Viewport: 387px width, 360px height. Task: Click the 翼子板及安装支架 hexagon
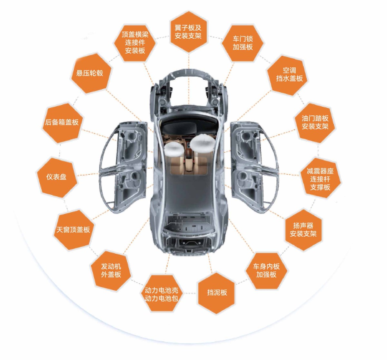point(188,32)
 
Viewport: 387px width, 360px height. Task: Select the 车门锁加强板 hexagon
point(243,43)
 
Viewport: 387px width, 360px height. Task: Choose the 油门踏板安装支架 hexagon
point(315,122)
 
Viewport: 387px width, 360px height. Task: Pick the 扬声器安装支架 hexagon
point(303,230)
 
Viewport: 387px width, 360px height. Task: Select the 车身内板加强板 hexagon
point(266,271)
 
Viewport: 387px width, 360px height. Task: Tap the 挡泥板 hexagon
point(217,292)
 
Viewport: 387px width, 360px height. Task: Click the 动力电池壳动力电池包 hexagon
point(161,294)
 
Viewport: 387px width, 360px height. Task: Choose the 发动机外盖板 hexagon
point(111,270)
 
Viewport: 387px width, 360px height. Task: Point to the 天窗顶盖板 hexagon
point(73,229)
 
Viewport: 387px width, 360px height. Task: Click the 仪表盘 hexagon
point(56,177)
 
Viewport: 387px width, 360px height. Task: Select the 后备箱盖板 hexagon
point(62,122)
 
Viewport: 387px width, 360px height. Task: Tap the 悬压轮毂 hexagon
point(90,73)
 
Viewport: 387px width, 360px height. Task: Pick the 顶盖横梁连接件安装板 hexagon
point(135,43)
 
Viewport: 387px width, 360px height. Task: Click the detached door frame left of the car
point(123,167)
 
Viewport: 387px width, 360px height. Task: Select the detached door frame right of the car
point(254,167)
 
